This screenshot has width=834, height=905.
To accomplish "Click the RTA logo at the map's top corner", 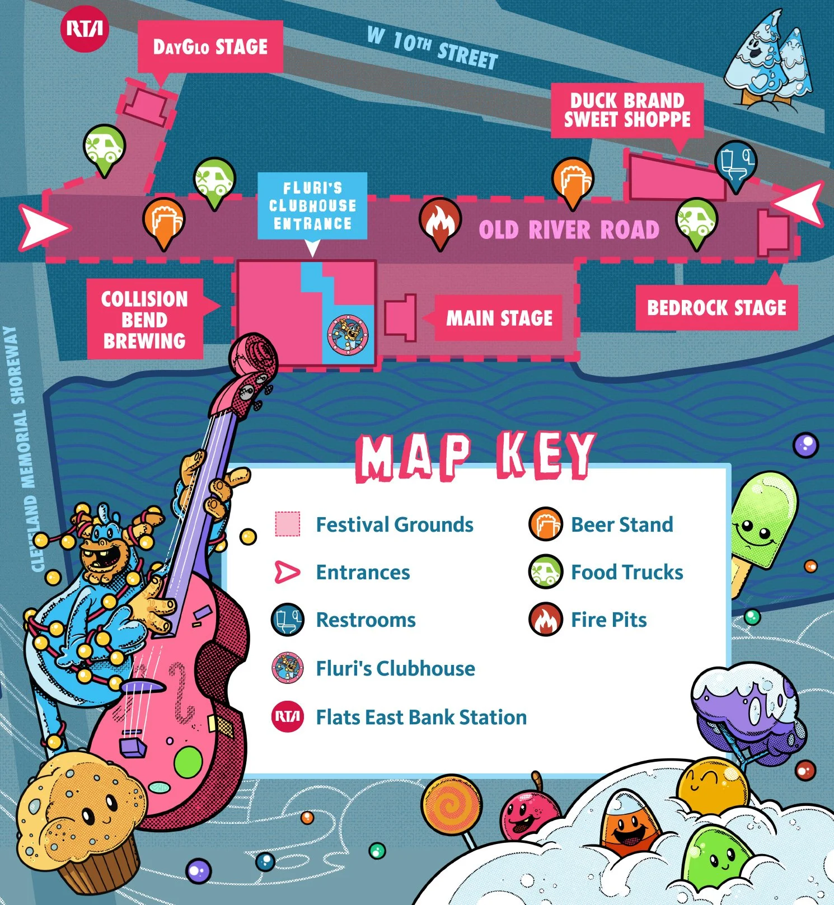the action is coord(84,29).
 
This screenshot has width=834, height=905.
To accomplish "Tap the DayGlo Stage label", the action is coord(210,46).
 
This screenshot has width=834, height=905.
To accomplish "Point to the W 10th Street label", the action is coord(432,48).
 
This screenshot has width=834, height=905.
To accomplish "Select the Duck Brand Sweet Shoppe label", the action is coord(627,110).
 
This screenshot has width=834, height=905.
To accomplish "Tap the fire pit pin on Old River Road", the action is coord(440,221).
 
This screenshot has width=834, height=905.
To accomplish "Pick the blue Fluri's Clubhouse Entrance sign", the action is coord(312,206).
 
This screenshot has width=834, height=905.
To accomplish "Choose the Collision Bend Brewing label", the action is coord(144,320).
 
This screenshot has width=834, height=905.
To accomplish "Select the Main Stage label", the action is coord(499,318).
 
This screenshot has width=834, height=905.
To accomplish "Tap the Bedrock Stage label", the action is coord(716,308).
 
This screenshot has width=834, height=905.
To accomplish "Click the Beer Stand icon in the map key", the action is coord(545,524).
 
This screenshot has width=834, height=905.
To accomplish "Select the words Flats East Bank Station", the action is coord(421,717).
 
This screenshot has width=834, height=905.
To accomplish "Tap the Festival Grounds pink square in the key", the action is coord(288,524).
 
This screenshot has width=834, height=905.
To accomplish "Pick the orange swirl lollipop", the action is coord(450,805).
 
